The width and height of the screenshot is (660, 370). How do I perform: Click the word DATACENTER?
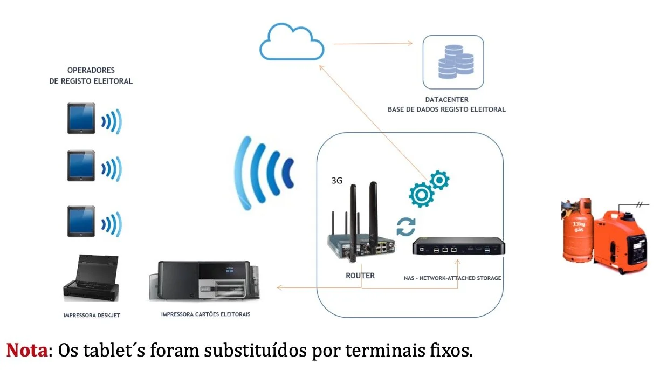[446, 100]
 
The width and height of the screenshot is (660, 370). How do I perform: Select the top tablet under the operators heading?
[81, 118]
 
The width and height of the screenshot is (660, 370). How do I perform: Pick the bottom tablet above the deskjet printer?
[81, 221]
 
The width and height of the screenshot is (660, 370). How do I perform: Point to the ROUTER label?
[360, 276]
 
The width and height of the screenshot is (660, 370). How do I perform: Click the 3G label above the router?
[337, 181]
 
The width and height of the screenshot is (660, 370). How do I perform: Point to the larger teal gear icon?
[422, 194]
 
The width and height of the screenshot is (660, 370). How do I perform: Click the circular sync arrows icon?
[406, 227]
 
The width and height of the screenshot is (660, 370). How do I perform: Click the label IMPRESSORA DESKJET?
[91, 315]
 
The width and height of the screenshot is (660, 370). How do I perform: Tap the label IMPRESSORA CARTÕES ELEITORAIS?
[205, 313]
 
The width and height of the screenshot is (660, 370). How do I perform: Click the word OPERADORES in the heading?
[91, 70]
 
